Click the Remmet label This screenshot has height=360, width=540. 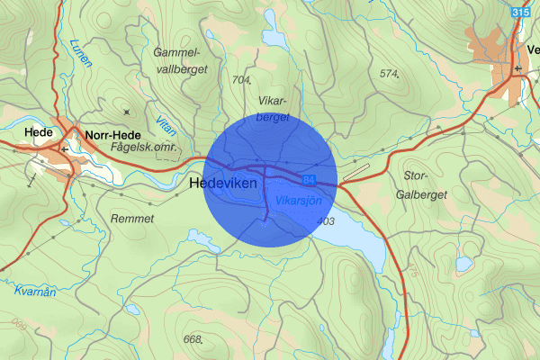coord(131,218)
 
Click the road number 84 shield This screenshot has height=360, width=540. coord(309,180)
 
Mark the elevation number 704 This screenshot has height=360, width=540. coord(241,80)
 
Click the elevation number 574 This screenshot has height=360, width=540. coord(389,73)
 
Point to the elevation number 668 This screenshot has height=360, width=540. coord(192,339)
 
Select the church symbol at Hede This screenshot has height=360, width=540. coord(63,147)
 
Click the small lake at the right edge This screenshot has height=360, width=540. coord(463,264)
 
